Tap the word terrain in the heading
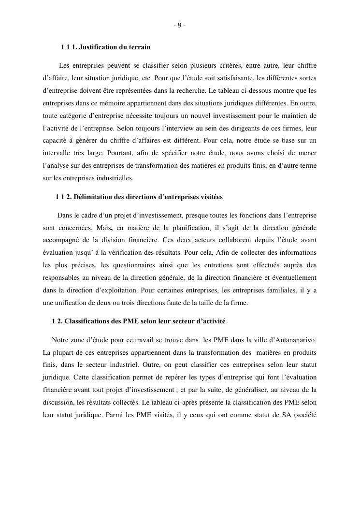point(139,47)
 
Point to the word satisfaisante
point(236,78)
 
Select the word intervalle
point(57,153)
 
